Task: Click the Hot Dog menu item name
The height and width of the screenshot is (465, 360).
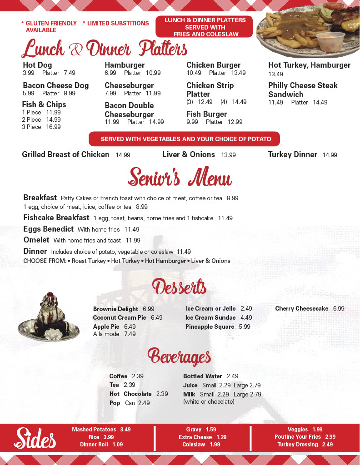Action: [37, 65]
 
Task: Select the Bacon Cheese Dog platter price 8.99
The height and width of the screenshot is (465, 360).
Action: [69, 93]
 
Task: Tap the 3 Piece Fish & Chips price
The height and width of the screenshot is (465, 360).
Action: [53, 127]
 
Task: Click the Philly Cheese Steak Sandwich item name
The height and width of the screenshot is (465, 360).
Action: [303, 90]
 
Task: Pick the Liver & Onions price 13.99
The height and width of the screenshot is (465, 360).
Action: [228, 155]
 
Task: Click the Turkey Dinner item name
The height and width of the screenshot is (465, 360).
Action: [292, 154]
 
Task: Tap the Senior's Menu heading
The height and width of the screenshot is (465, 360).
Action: [180, 177]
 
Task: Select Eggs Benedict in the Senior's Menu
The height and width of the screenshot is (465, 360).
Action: [48, 229]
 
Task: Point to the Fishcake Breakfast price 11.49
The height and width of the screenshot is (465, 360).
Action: [225, 218]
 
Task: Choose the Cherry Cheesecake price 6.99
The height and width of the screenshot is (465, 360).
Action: [338, 309]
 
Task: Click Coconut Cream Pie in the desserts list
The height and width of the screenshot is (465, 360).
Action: [120, 317]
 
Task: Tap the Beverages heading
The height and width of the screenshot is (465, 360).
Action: [179, 357]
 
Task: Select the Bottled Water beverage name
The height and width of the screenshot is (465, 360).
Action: [202, 376]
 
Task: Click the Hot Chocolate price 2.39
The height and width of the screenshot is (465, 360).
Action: [162, 394]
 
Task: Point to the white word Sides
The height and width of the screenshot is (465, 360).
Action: [35, 438]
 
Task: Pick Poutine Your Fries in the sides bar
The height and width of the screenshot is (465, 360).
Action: [297, 437]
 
